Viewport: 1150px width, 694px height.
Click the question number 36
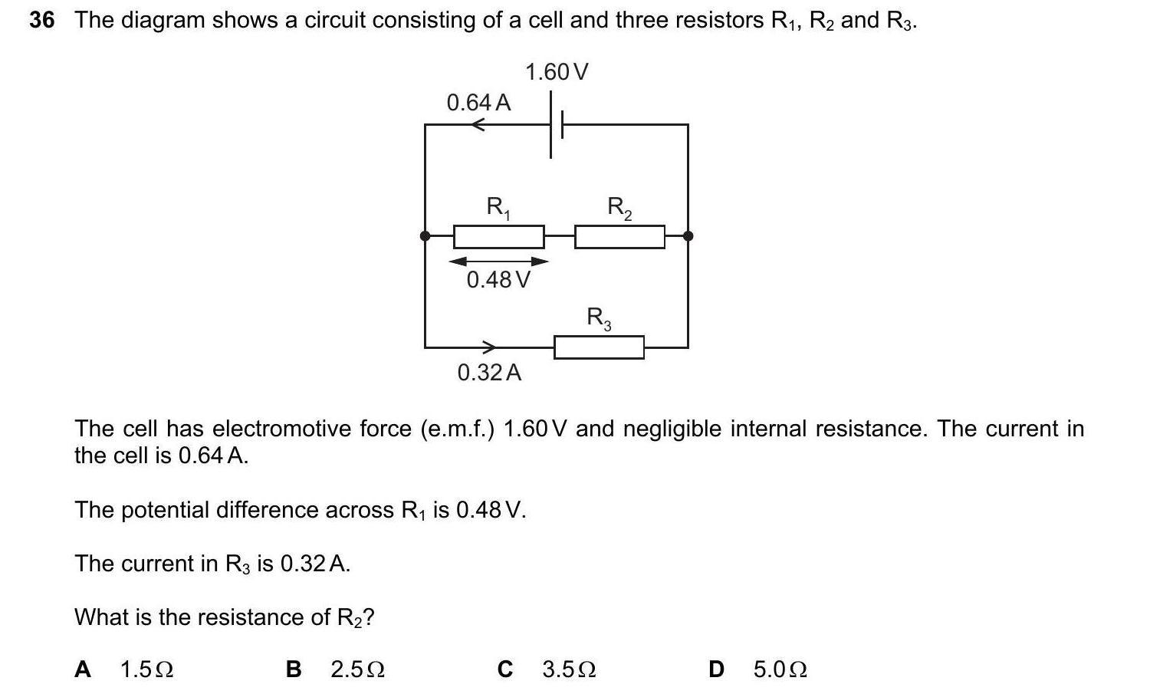point(42,21)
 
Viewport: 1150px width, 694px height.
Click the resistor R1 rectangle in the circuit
point(498,236)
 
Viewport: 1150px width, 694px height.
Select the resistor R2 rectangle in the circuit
point(619,236)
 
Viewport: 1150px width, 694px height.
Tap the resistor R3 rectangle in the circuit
point(599,347)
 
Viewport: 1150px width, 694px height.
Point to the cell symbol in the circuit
point(556,124)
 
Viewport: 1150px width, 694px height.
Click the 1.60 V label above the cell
point(557,72)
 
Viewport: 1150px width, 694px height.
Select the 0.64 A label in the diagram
point(478,102)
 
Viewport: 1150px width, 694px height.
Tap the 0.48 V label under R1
point(498,280)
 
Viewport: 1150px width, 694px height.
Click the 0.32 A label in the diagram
point(489,373)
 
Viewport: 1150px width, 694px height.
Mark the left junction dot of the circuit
point(426,236)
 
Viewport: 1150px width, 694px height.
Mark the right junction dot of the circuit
point(688,236)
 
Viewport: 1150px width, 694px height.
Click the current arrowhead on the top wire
point(478,124)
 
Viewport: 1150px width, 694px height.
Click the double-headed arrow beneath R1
point(498,262)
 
